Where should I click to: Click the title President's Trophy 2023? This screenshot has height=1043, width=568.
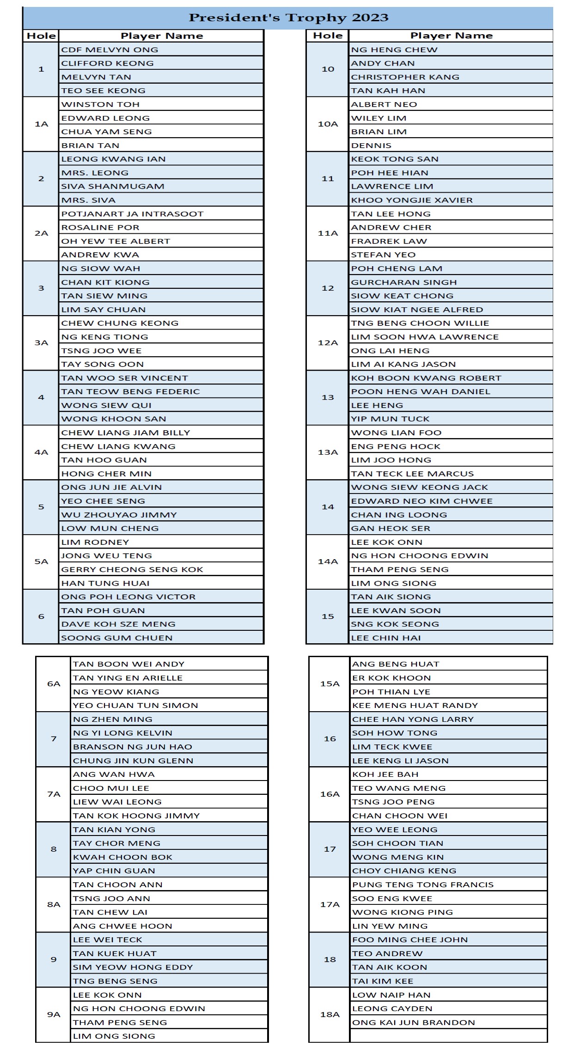[288, 18]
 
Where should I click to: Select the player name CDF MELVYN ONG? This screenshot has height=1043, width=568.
[110, 50]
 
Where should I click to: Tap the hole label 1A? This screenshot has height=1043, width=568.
[41, 124]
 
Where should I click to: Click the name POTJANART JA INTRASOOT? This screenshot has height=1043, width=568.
[132, 214]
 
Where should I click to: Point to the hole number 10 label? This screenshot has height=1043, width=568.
[328, 69]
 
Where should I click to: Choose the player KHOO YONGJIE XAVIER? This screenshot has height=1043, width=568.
[412, 200]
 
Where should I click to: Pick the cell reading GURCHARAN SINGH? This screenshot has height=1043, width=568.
[403, 282]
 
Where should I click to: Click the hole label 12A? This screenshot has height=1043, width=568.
[328, 343]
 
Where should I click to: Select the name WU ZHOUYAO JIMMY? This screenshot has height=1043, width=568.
[119, 515]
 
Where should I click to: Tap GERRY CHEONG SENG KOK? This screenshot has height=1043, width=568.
[132, 569]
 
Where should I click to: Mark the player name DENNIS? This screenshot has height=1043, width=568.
[371, 146]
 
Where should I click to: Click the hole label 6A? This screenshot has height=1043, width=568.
[54, 684]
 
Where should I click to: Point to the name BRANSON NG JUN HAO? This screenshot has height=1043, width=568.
[133, 747]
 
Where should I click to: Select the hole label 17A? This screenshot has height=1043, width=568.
[330, 904]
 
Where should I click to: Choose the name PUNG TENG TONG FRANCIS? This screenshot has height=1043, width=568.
[423, 884]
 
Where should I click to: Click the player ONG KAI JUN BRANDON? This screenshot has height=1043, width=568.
[414, 1022]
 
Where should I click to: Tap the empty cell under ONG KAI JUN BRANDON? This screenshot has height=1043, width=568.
[448, 1036]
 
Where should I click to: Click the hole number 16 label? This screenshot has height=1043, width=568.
[330, 739]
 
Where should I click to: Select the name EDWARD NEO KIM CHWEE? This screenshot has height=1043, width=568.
[421, 501]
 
